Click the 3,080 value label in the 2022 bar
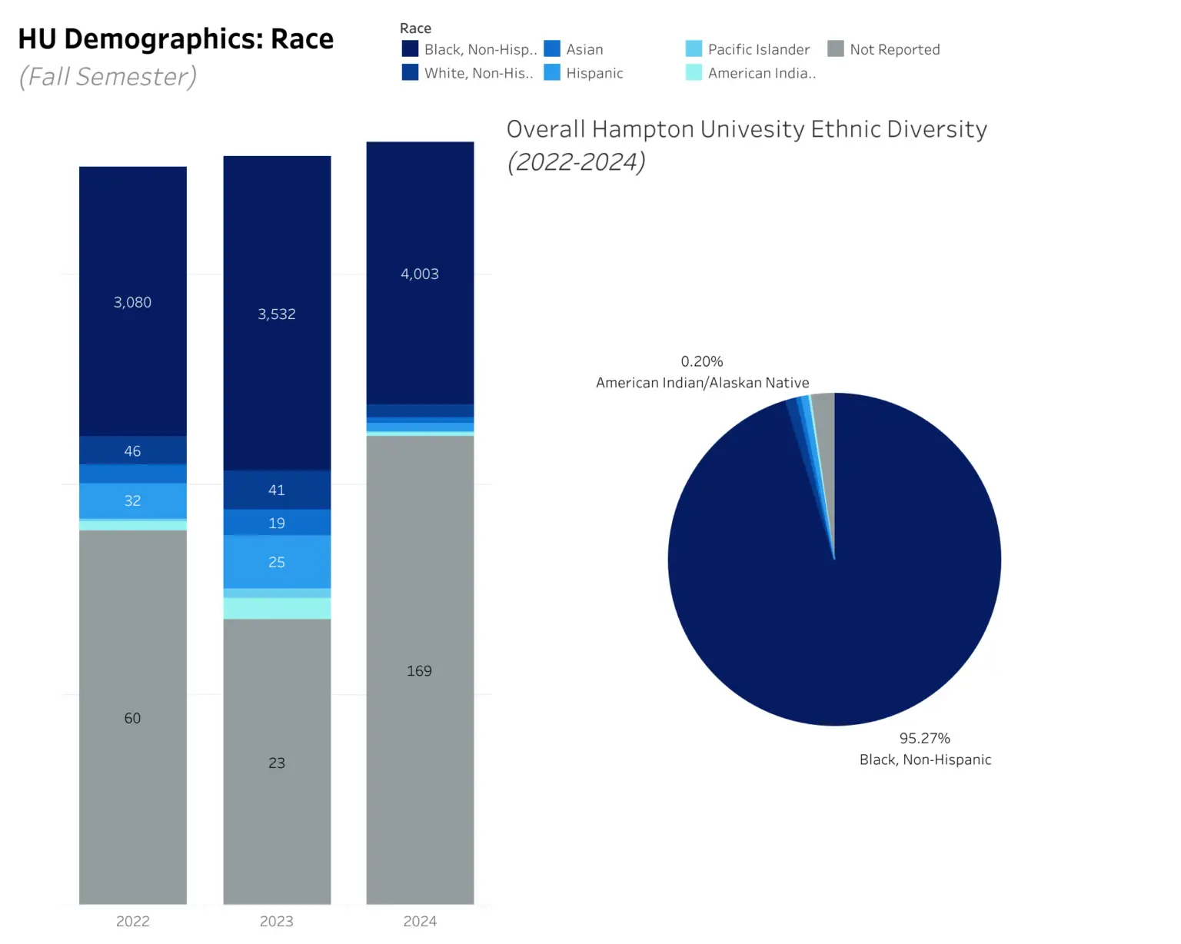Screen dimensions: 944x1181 coord(132,302)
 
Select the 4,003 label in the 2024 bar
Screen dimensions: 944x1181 coord(420,274)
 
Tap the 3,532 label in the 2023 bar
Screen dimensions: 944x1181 coord(277,314)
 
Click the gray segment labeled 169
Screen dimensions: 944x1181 coord(420,670)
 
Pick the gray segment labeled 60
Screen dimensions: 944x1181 coord(132,717)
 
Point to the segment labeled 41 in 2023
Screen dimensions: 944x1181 coord(277,490)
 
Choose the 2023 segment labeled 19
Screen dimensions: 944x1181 coord(277,523)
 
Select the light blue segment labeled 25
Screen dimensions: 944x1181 coord(277,562)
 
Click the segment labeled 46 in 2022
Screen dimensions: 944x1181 coord(132,450)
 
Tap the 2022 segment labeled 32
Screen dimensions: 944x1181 coord(132,500)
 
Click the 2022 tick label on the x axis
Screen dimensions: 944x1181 coord(132,921)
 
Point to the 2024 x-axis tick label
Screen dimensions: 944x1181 coord(420,921)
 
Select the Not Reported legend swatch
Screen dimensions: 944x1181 coord(836,49)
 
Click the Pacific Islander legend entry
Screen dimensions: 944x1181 coord(758,49)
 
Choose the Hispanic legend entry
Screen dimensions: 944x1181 coord(594,73)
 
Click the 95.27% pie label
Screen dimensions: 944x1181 coord(925,738)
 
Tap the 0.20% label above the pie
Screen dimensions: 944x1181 coord(702,361)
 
